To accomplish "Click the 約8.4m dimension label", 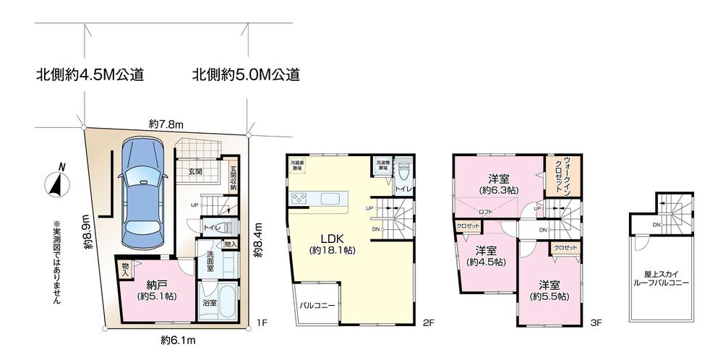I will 257,241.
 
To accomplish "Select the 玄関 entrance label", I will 195,171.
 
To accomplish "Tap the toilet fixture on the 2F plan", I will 404,172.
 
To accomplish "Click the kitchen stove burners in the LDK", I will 299,199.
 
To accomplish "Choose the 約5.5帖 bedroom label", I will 549,290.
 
